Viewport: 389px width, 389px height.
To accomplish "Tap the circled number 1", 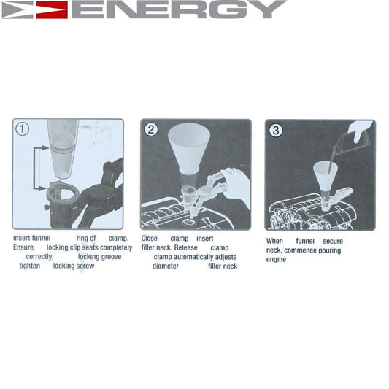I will (23, 129).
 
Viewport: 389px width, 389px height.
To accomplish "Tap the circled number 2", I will (152, 130).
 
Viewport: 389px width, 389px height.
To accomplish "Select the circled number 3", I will (276, 131).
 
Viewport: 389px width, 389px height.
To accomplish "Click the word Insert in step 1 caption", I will (22, 238).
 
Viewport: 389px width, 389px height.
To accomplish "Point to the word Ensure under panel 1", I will (23, 247).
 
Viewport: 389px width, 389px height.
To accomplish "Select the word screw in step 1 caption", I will (84, 266).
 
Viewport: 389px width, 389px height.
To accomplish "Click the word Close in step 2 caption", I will (149, 238).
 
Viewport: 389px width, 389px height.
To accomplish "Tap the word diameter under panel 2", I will (165, 266).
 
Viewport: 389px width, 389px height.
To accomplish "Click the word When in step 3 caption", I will (274, 242).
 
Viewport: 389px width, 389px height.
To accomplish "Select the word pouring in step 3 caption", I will (328, 250).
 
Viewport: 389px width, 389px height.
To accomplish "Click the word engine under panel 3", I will (276, 260).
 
